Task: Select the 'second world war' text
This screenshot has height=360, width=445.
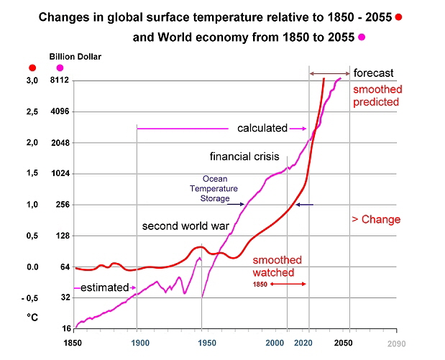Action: pos(185,226)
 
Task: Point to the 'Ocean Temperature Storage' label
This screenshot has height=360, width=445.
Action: pos(215,188)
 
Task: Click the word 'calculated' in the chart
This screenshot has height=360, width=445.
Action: pos(262,129)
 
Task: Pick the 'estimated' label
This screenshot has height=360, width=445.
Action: pos(104,287)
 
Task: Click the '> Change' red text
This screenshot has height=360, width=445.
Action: pos(376,219)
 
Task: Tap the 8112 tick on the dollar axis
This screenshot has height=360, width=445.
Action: pos(59,81)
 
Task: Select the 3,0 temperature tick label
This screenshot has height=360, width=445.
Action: pos(32,81)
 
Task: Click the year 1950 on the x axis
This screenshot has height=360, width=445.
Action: pos(202,343)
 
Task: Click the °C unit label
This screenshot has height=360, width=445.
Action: pos(32,317)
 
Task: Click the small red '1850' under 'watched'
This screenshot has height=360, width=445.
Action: pos(260,285)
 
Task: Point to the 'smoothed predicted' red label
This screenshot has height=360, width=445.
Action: pos(377,96)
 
